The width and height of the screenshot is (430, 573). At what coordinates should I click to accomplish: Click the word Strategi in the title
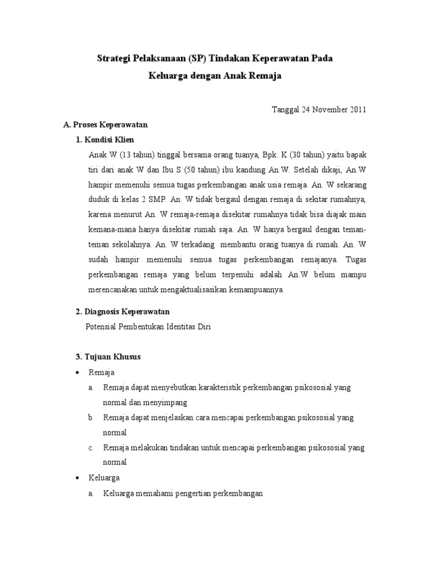(114, 58)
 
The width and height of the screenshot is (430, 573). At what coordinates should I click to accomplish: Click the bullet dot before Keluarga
(77, 478)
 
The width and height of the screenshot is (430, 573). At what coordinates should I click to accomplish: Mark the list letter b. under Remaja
(91, 417)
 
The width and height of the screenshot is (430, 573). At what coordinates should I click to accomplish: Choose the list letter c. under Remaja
(91, 448)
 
